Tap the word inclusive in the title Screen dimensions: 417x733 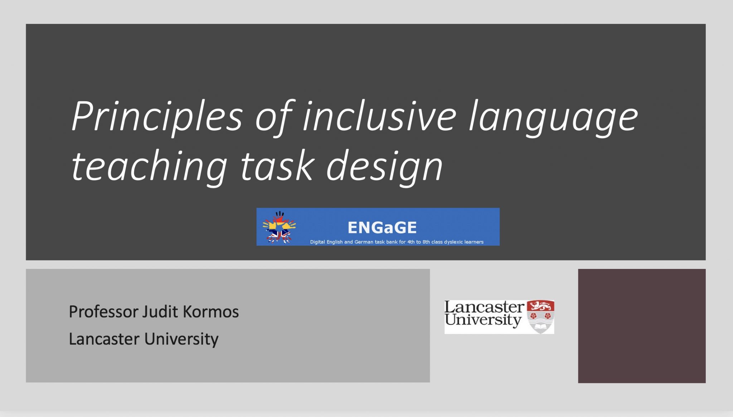click(x=379, y=117)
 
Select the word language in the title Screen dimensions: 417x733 click(x=553, y=118)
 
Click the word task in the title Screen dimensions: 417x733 click(x=277, y=166)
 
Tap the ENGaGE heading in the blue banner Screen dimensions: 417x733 click(x=382, y=227)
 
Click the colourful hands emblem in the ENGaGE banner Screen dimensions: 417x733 click(x=279, y=227)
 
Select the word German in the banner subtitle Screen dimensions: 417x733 click(x=364, y=242)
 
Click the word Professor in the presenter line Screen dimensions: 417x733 click(x=103, y=312)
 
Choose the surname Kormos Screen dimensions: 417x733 click(x=211, y=312)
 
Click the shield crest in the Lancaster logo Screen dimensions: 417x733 click(x=540, y=317)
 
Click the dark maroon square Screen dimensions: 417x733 click(x=642, y=326)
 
